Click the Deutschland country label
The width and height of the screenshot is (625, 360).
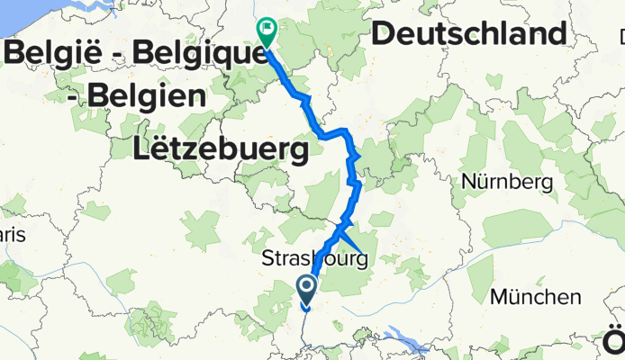tap(469, 34)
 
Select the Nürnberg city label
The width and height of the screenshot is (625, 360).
tap(506, 182)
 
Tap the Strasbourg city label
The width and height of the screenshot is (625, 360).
tap(314, 260)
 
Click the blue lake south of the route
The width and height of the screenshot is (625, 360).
tap(410, 340)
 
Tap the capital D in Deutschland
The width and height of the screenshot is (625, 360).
tap(382, 34)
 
